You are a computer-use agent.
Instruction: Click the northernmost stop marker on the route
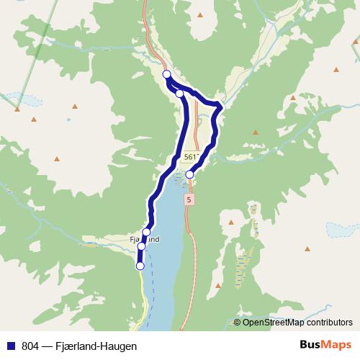166,74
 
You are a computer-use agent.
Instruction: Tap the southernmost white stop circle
140,266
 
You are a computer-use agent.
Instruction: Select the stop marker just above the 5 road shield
190,174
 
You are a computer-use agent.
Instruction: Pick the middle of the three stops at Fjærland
141,246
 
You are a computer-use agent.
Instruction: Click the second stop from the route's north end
179,93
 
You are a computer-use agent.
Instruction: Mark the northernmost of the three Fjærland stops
146,232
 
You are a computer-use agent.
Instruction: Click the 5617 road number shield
192,157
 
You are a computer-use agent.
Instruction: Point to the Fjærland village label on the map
143,239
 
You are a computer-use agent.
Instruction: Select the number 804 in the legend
31,346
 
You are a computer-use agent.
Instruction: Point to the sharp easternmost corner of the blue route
220,107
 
